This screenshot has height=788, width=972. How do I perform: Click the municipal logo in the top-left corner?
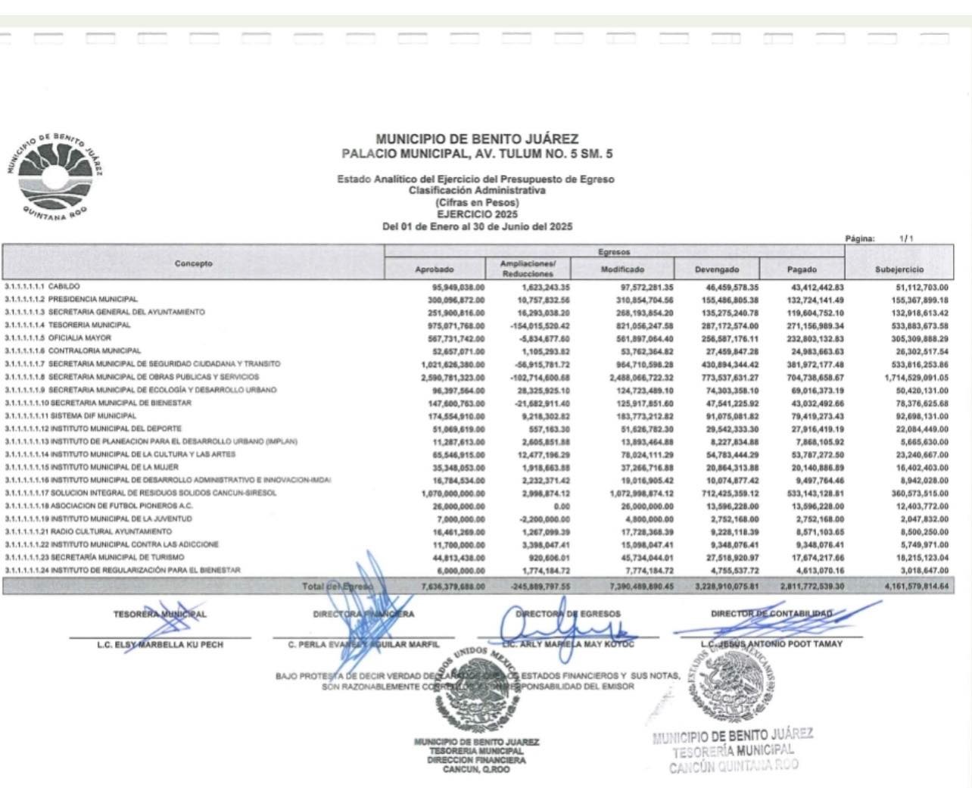click(55, 178)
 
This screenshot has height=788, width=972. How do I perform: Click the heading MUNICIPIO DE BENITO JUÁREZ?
click(477, 139)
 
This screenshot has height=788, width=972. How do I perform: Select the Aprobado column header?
click(435, 269)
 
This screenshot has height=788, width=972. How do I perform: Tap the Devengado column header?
click(716, 269)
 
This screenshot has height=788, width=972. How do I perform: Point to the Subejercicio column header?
click(899, 269)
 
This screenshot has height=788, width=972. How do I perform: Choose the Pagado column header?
click(802, 269)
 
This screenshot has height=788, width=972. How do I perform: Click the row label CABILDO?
click(64, 287)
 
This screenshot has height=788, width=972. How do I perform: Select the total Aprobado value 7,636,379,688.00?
click(452, 587)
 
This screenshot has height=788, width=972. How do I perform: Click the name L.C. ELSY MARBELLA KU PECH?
click(160, 645)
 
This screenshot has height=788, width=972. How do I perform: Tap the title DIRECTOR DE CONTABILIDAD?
click(771, 614)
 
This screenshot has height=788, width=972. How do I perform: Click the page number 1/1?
click(906, 239)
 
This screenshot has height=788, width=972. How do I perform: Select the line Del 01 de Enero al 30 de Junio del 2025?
click(477, 226)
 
